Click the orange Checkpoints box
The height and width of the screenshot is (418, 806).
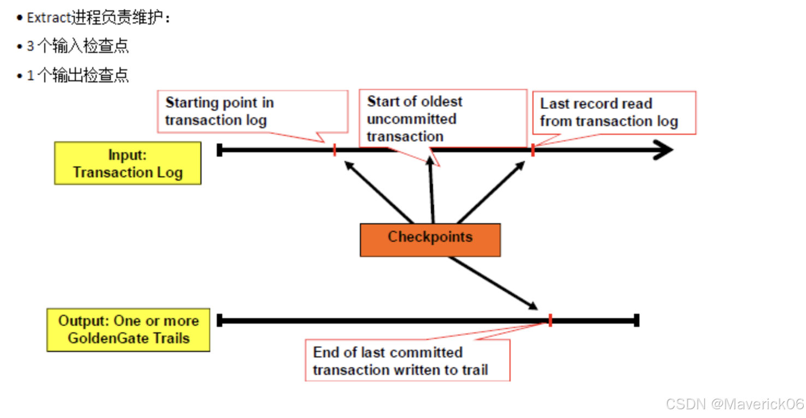430,240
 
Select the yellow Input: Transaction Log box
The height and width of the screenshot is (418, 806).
128,163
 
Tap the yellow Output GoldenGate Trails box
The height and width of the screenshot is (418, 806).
128,330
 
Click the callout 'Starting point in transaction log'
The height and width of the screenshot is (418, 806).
252,111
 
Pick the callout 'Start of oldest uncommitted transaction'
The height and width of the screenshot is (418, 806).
442,118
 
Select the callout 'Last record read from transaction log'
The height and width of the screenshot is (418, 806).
614,112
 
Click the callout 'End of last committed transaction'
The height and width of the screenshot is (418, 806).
407,360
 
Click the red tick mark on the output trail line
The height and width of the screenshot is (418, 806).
550,320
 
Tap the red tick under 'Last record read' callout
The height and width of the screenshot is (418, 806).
533,150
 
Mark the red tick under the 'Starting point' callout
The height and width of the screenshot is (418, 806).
335,150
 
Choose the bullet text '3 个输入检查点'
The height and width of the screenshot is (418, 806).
78,46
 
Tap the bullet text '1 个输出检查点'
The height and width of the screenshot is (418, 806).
78,75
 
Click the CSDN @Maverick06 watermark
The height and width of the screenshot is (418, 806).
734,404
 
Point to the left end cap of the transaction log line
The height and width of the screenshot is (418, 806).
220,150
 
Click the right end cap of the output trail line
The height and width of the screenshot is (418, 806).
637,320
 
